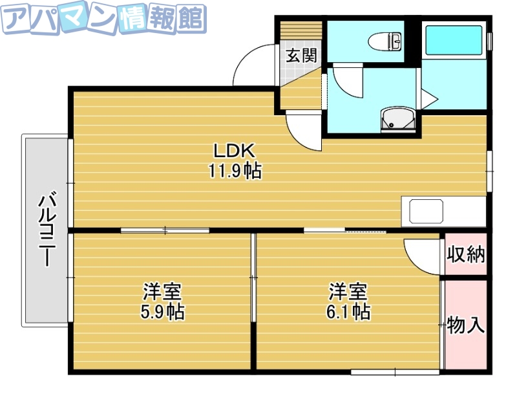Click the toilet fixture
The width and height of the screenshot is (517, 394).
point(385,42)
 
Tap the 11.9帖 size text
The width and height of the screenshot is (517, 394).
point(235,171)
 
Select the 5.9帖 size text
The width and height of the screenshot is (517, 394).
point(162,312)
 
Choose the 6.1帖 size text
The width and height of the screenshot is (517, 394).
point(348,312)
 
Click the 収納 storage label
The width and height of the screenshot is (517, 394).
point(465,254)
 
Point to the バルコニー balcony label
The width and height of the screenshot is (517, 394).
point(46,231)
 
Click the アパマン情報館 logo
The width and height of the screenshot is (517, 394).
point(103,20)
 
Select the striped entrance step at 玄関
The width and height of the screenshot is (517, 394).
point(301,32)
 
